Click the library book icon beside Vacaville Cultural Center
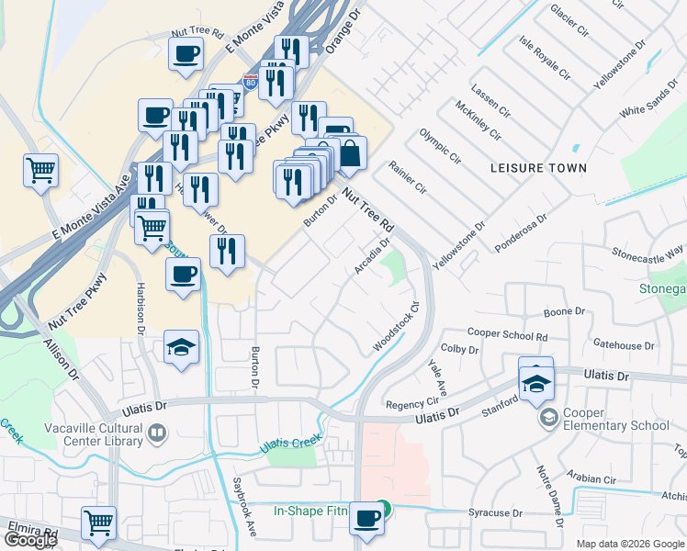click(x=157, y=432)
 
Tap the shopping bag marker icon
click(x=349, y=155)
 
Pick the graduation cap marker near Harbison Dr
click(x=182, y=348)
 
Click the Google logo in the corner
click(x=30, y=540)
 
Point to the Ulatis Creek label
click(x=292, y=444)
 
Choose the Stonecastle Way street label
click(x=648, y=251)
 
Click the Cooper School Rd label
click(x=507, y=335)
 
